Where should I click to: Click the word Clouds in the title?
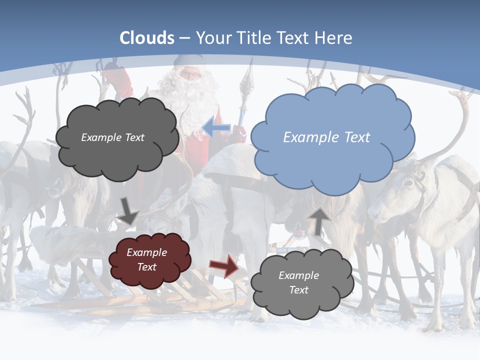[x=147, y=38]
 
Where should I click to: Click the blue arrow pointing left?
[x=216, y=127]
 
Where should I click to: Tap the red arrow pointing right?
[x=224, y=266]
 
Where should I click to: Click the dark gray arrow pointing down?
[x=128, y=210]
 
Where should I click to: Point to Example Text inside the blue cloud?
[x=326, y=137]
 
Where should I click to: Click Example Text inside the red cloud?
[x=146, y=259]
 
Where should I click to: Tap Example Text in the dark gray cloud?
[x=112, y=137]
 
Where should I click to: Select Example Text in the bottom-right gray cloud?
[x=298, y=282]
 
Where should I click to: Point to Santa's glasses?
[x=190, y=75]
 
